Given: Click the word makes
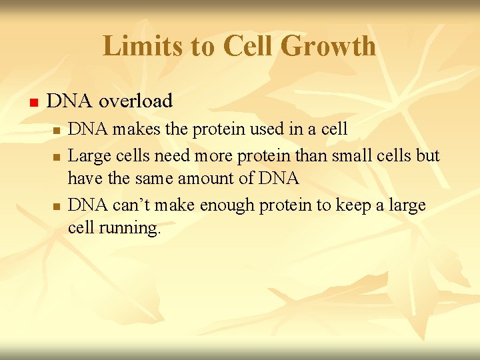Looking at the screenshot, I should click(137, 129).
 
